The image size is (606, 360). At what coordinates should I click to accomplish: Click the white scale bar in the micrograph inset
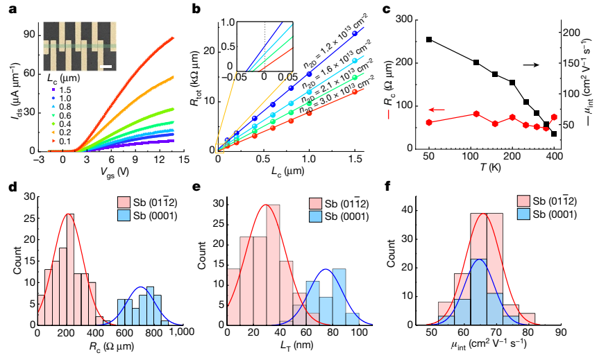(x=108, y=66)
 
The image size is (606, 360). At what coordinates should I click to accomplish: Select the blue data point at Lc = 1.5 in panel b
(x=355, y=33)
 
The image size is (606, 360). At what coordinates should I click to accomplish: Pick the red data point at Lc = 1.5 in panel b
(x=355, y=91)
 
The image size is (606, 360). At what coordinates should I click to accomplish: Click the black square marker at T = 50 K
(x=430, y=40)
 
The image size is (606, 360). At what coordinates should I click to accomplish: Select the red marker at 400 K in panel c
(x=554, y=117)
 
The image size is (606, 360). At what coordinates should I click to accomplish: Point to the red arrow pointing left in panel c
(x=437, y=110)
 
